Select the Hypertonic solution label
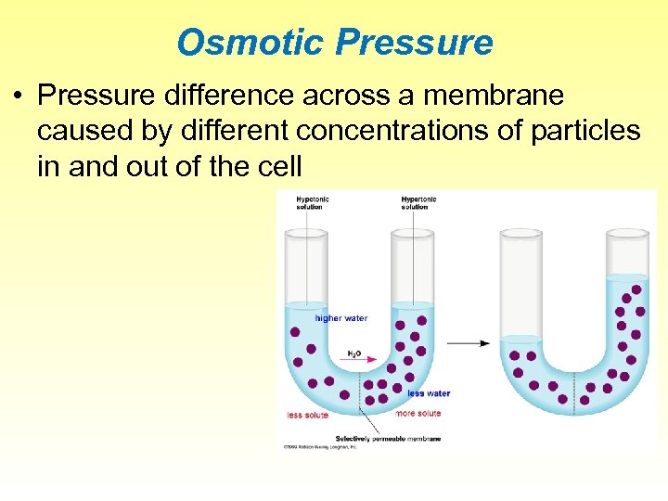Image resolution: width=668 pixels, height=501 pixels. click(418, 202)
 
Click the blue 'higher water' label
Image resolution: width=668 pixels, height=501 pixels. click(341, 318)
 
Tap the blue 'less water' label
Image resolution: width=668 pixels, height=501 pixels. click(429, 393)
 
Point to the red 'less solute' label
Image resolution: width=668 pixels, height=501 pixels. click(307, 415)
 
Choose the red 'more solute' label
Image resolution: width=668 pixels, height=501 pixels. click(418, 413)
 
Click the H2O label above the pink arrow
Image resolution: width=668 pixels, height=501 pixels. click(354, 352)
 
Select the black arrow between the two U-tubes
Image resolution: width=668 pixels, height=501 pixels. click(469, 343)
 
